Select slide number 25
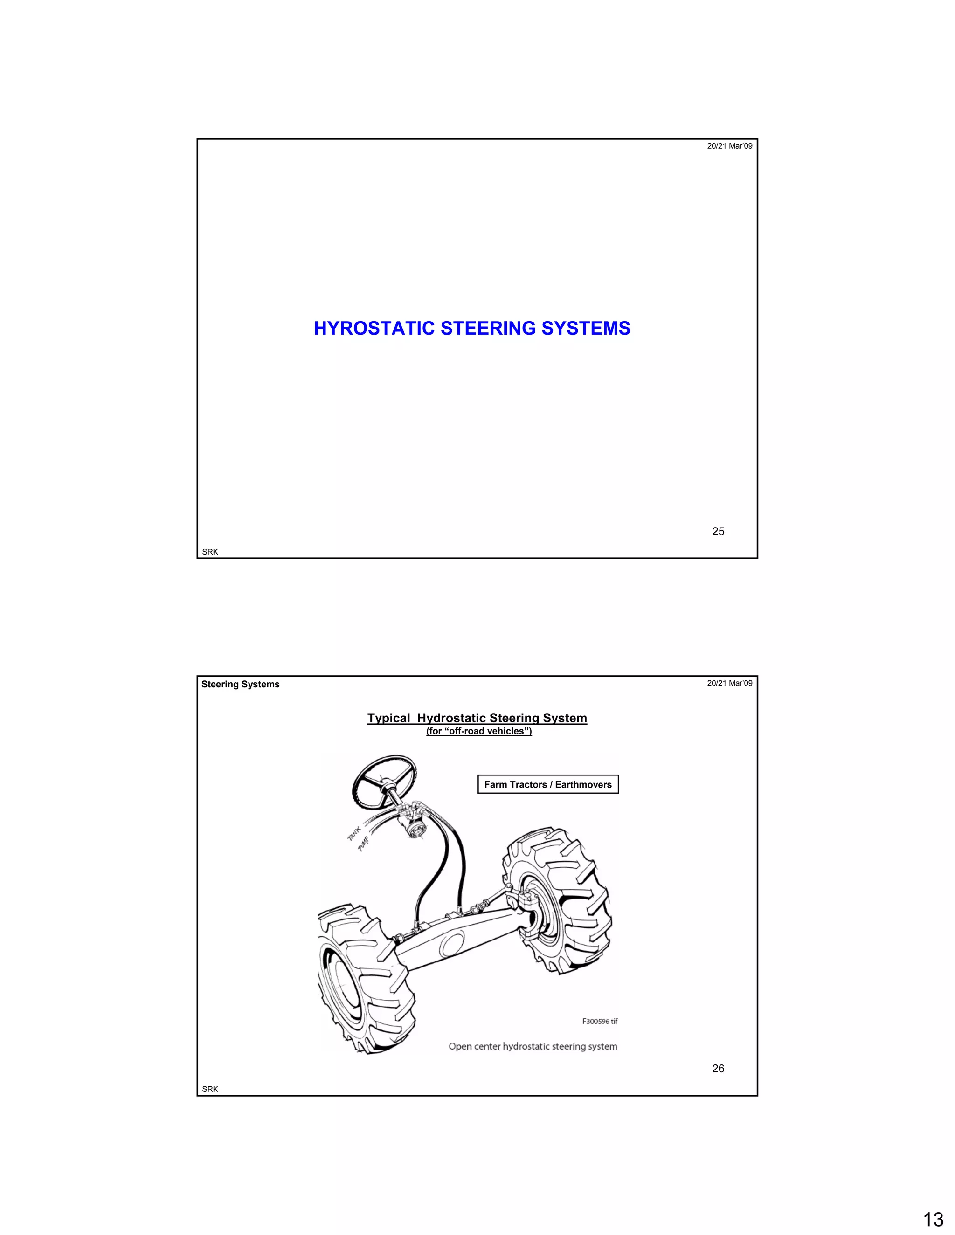point(718,531)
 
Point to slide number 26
point(718,1068)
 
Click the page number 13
point(934,1219)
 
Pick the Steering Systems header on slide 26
point(241,684)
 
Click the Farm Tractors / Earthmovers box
point(547,784)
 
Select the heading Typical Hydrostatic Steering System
point(477,718)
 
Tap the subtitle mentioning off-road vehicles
point(478,731)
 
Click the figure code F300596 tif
point(600,1021)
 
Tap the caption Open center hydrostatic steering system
point(533,1047)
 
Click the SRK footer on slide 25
point(210,552)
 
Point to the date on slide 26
point(729,683)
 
